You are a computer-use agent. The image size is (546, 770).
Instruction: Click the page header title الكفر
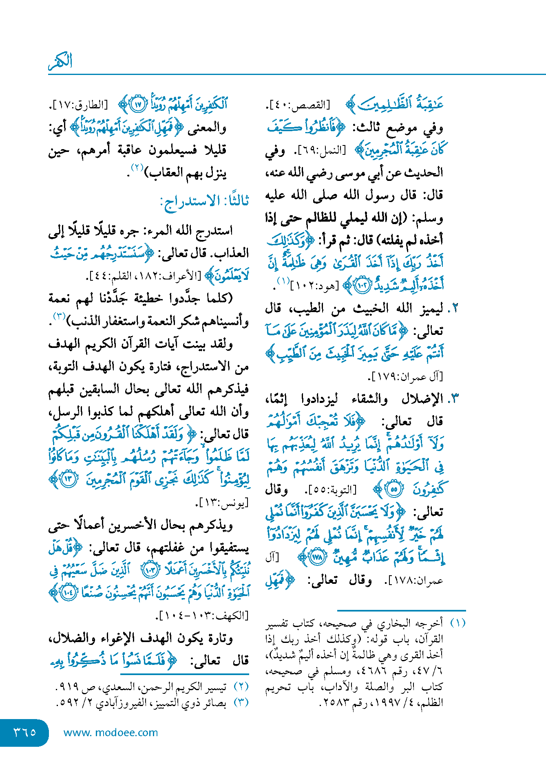pos(60,61)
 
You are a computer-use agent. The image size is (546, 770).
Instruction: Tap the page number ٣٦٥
pos(25,732)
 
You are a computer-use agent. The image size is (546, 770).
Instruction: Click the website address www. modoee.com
pos(111,733)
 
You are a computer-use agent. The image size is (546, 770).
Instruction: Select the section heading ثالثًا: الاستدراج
pos(205,201)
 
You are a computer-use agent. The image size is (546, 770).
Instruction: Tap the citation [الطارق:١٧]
pos(79,105)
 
